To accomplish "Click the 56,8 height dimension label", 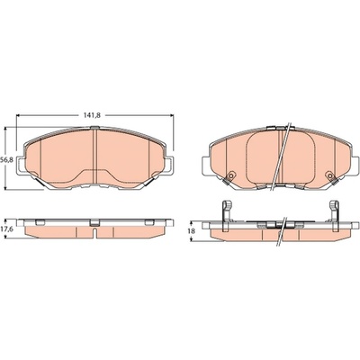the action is pyautogui.click(x=6, y=159).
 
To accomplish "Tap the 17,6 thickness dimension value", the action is pyautogui.click(x=6, y=229).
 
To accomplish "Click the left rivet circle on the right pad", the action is pyautogui.click(x=230, y=175).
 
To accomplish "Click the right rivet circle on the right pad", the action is pyautogui.click(x=330, y=175).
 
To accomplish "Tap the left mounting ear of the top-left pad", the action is pyautogui.click(x=20, y=166).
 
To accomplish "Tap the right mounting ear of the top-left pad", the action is pyautogui.click(x=169, y=166).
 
